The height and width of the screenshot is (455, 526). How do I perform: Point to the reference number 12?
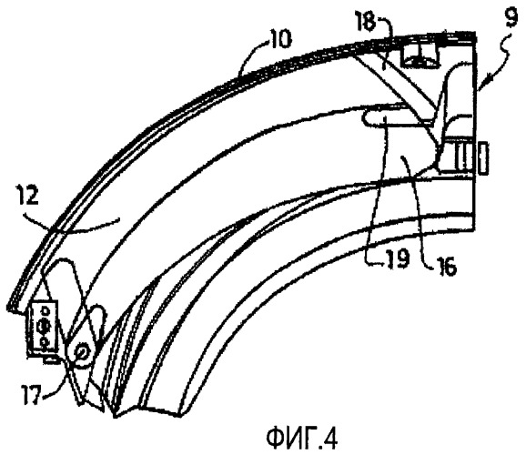pyautogui.click(x=28, y=197)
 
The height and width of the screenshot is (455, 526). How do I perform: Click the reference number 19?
pyautogui.click(x=397, y=258)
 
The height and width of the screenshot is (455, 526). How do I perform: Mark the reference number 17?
pyautogui.click(x=32, y=391)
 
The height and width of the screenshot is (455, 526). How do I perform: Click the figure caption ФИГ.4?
pyautogui.click(x=302, y=438)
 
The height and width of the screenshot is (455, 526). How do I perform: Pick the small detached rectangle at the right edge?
pyautogui.click(x=483, y=157)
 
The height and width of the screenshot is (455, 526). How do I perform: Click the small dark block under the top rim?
pyautogui.click(x=421, y=56)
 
